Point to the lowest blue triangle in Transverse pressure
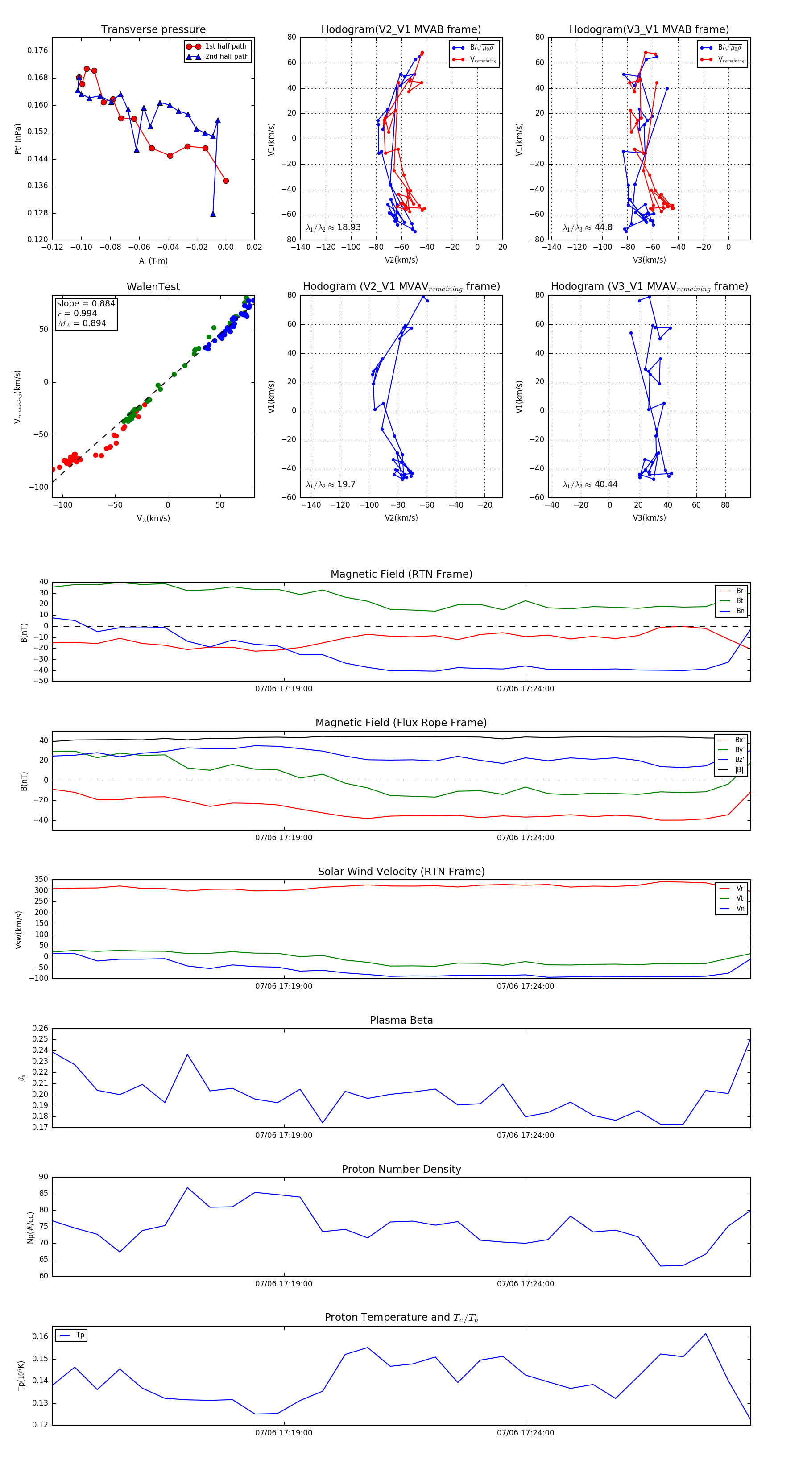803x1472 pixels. coord(213,214)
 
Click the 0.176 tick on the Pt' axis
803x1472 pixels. coord(38,51)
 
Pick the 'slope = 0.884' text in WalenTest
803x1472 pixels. coord(86,303)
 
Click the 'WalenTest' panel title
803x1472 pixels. coord(153,287)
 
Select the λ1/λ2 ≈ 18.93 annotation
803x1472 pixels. coord(333,227)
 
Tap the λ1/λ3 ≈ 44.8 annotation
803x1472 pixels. coord(588,227)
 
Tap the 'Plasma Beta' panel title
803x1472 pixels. coord(401,1021)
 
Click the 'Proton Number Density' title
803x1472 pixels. coord(401,1169)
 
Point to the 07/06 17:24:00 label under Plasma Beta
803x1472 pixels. coord(525,1135)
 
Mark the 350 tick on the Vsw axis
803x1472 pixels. coord(41,880)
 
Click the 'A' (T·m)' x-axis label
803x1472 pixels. coord(153,260)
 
